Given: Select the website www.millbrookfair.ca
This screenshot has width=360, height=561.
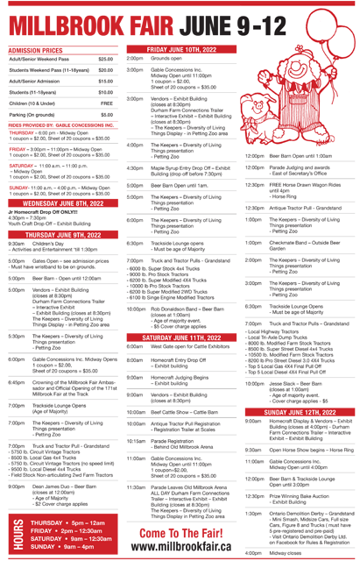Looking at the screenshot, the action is [179, 546].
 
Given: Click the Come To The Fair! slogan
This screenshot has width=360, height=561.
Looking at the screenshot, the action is [179, 527].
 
